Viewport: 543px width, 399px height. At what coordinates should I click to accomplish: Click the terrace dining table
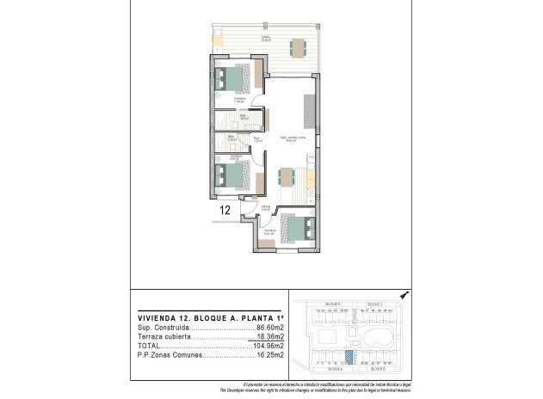point(299,46)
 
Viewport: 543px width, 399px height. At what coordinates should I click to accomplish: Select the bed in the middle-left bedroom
point(233,177)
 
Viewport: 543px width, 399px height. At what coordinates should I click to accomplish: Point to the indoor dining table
point(287,178)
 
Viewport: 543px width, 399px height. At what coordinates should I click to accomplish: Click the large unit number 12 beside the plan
point(225,209)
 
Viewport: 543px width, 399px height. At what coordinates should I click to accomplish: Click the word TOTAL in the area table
point(151,346)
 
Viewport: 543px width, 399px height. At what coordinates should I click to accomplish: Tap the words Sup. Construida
point(161,328)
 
